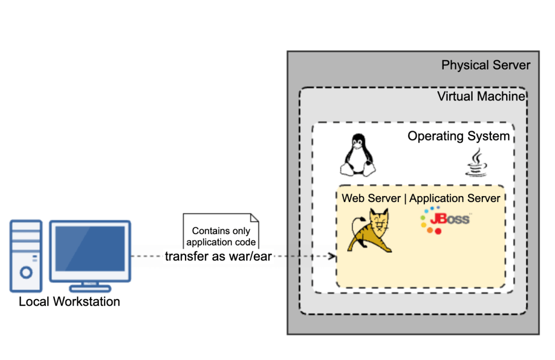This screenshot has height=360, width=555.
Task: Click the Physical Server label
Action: pyautogui.click(x=486, y=66)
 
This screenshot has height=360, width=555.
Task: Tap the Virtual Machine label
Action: pyautogui.click(x=481, y=97)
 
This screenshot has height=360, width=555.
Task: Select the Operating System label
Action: pyautogui.click(x=458, y=136)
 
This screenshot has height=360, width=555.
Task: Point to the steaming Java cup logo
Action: pyautogui.click(x=475, y=163)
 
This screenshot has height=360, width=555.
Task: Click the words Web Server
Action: pyautogui.click(x=371, y=198)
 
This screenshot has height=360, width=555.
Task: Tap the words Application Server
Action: pyautogui.click(x=455, y=198)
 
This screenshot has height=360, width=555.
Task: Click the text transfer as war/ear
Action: pyautogui.click(x=218, y=256)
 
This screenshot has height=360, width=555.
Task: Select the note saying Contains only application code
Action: pyautogui.click(x=221, y=236)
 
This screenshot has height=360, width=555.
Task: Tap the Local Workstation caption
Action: pyautogui.click(x=69, y=301)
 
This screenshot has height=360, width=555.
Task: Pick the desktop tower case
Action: pyautogui.click(x=25, y=255)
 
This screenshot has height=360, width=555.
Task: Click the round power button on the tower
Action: pyautogui.click(x=25, y=271)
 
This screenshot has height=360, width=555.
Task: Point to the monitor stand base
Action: pyautogui.click(x=90, y=288)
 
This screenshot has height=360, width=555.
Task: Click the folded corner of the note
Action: pyautogui.click(x=254, y=218)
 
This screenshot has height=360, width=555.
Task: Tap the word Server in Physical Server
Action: pyautogui.click(x=508, y=66)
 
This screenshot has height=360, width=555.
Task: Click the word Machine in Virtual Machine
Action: pyautogui.click(x=501, y=97)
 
